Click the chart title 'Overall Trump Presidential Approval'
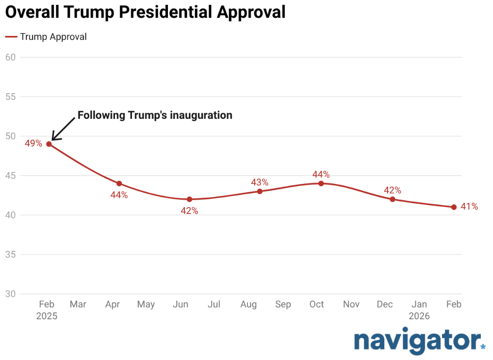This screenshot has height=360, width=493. tap(145, 12)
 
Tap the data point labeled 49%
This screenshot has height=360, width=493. tap(49, 144)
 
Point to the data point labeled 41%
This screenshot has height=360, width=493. tap(454, 207)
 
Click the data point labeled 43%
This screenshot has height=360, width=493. tap(260, 191)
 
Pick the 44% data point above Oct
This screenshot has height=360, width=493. tap(321, 183)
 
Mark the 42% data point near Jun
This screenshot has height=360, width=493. tap(189, 199)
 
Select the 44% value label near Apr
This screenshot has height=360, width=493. tap(119, 195)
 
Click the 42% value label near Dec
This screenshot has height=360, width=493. tap(392, 190)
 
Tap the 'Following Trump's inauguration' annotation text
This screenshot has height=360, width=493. tap(155, 115)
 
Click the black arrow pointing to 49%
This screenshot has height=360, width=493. tap(63, 129)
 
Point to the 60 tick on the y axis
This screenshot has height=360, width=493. tap(10, 57)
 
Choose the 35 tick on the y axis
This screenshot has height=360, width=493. tap(10, 255)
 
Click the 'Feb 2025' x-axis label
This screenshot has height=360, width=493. tap(47, 310)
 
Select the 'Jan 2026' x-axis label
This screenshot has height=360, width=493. tap(419, 310)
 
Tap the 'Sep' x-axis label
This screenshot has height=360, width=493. tap(283, 305)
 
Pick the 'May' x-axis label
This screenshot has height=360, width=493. tap(146, 305)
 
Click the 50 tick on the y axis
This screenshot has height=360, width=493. tap(10, 136)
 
